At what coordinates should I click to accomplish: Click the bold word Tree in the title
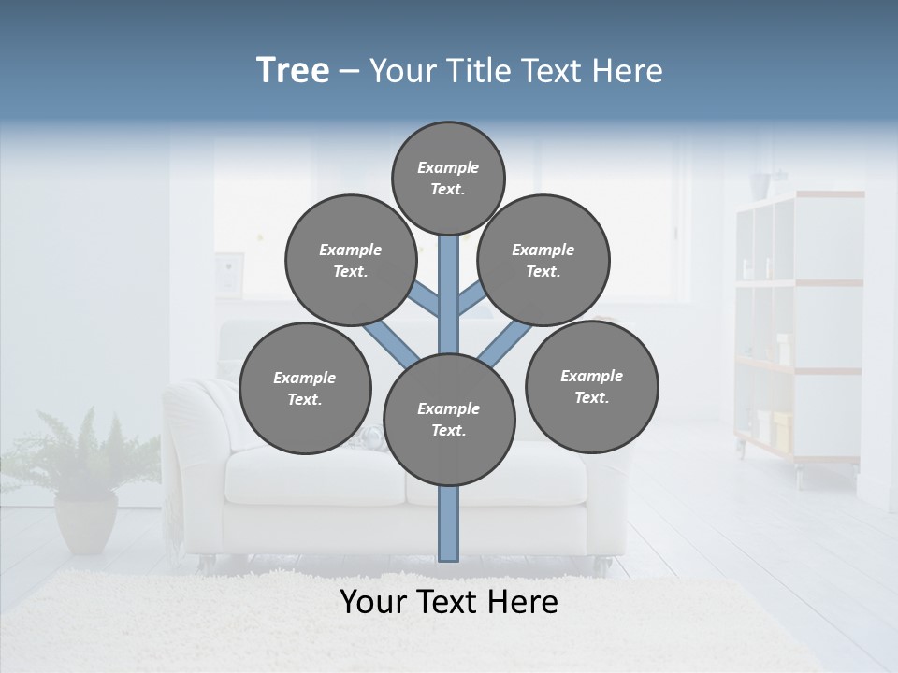(x=293, y=70)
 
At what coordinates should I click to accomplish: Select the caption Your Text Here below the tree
(x=448, y=602)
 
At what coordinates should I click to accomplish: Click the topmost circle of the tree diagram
(x=448, y=178)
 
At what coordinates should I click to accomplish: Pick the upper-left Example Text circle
(x=351, y=260)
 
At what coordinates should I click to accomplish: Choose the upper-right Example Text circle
(x=543, y=260)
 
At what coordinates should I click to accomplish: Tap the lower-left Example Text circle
(x=305, y=388)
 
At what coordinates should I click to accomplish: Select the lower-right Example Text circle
(x=591, y=386)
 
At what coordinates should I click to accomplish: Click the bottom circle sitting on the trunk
(x=449, y=419)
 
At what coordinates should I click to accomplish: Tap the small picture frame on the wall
(x=229, y=273)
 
